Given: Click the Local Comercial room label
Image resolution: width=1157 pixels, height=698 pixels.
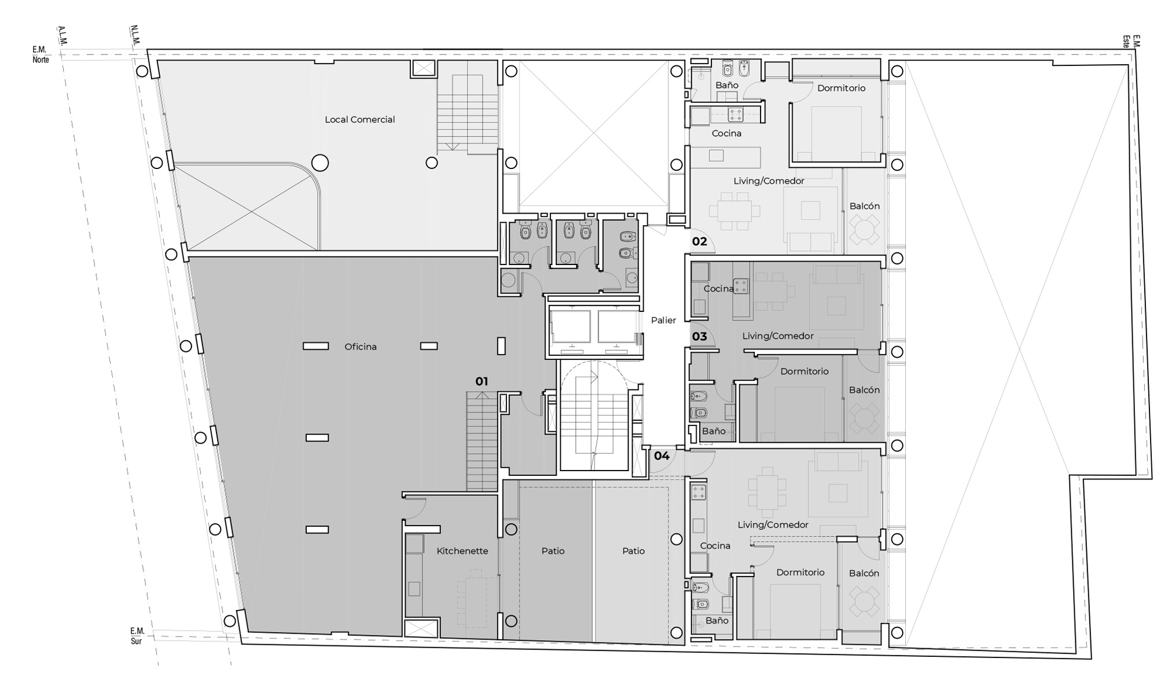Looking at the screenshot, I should coord(359,119).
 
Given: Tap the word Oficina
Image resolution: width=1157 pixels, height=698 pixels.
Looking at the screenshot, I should coord(360,347).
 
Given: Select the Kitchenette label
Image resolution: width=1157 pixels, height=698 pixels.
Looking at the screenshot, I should coord(462,551).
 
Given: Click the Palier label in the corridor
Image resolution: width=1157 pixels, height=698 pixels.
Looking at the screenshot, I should coord(663,320).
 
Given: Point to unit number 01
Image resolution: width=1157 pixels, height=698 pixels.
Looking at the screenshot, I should coord(482,381).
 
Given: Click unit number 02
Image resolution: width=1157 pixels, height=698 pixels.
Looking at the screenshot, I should coord(699,241).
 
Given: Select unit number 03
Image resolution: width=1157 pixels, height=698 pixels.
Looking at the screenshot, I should coord(699,336).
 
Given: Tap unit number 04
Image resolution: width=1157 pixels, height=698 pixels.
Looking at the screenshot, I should coord(662,456).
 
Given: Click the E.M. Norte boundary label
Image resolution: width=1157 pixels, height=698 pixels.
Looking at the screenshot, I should coord(41,55).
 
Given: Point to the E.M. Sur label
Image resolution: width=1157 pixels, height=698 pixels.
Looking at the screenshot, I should coord(137,635).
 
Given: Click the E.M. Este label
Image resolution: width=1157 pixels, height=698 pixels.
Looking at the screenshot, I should coord(1132,41).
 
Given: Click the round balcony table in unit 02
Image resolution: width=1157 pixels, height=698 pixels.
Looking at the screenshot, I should coord(864,229).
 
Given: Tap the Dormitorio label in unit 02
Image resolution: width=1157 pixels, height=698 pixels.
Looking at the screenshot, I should coord(841,88).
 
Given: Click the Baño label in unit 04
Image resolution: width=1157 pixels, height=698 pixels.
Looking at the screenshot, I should coord(717,620).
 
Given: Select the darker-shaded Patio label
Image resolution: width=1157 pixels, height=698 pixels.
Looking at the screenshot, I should coord(553,551).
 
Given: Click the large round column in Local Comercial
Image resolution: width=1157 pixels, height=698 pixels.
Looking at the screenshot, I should coord(320,163).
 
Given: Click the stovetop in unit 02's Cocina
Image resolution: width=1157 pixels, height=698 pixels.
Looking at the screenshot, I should coord(735,115).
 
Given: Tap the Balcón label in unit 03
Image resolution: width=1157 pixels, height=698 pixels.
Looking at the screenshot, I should coord(864,390).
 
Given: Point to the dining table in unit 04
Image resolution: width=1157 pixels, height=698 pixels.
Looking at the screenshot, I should coord(767,492).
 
